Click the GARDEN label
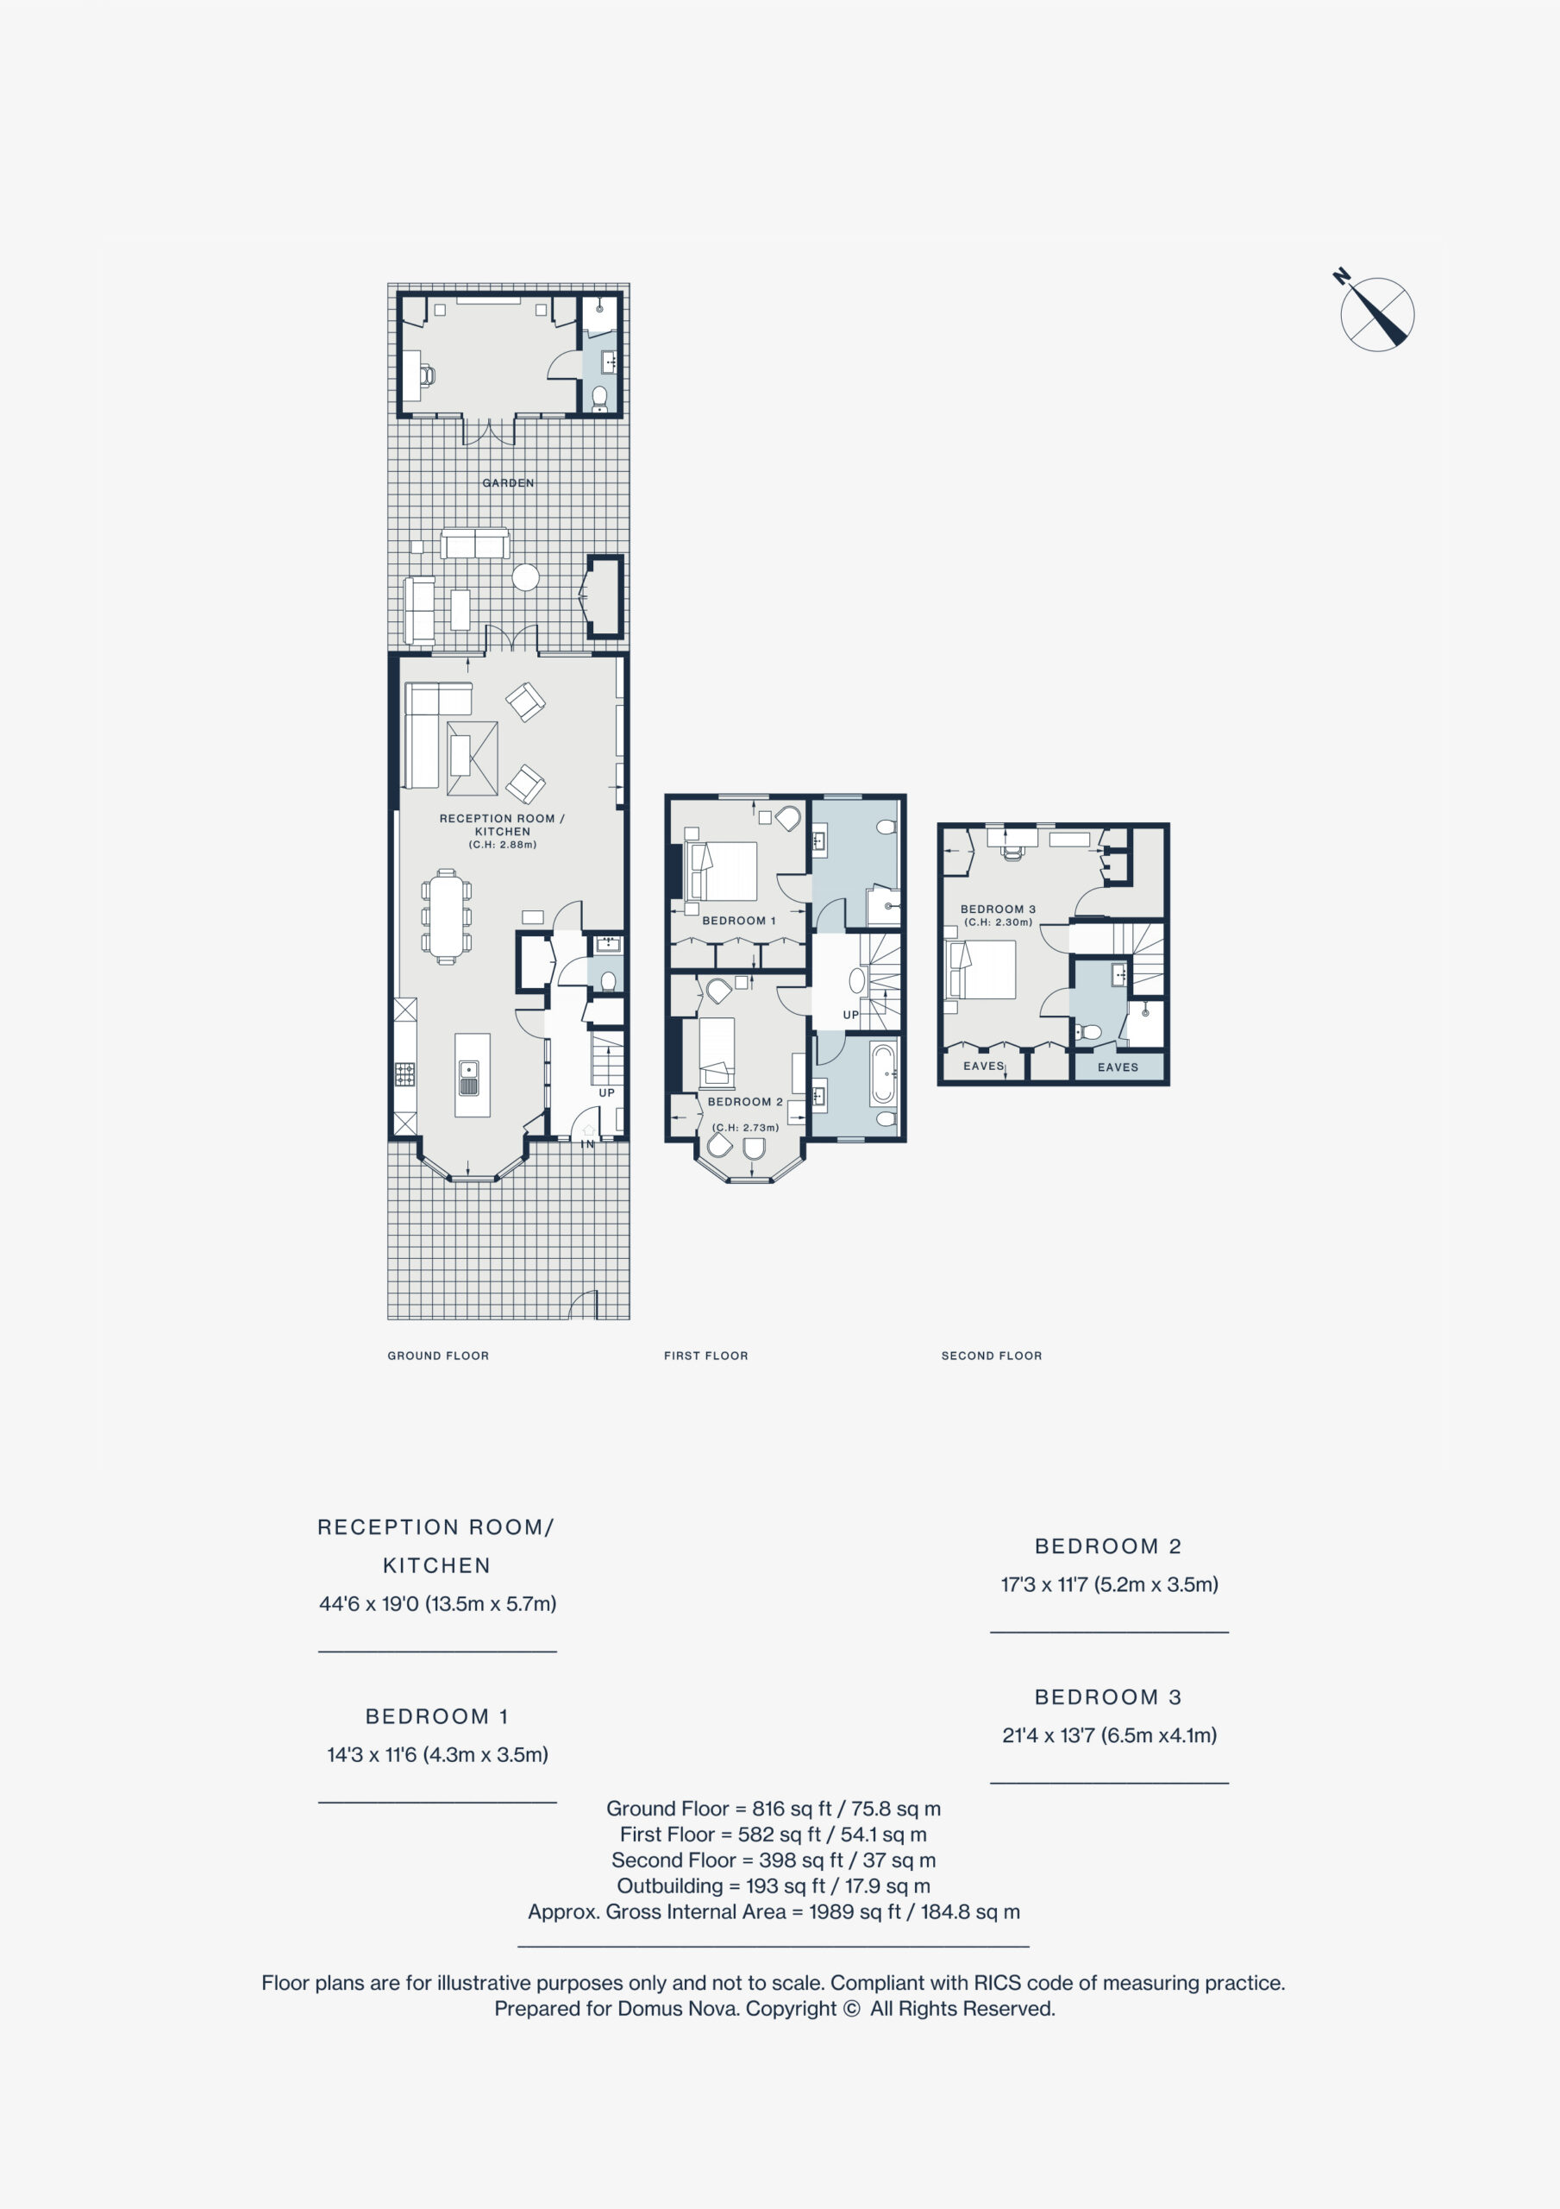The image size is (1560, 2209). click(x=508, y=483)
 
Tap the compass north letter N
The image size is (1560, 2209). click(x=1341, y=277)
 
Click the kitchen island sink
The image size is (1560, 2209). click(x=469, y=1079)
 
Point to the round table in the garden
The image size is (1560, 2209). click(x=525, y=577)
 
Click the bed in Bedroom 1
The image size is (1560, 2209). click(x=720, y=871)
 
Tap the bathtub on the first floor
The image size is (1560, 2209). click(x=883, y=1073)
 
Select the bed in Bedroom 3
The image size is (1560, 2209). click(x=982, y=970)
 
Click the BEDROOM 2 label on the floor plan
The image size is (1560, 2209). click(x=745, y=1102)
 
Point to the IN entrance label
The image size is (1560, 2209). click(x=587, y=1145)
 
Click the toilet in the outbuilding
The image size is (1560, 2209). click(x=599, y=395)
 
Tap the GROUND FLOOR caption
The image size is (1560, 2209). click(x=439, y=1356)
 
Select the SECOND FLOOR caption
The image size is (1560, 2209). click(x=992, y=1356)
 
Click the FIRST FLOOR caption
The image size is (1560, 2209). click(x=706, y=1356)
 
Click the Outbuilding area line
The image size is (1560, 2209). click(x=774, y=1885)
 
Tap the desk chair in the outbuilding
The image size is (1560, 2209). click(x=427, y=375)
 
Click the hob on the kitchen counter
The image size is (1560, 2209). click(x=405, y=1073)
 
